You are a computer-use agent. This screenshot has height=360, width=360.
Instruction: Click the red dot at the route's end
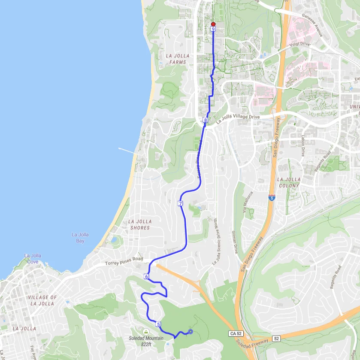(x=213, y=24)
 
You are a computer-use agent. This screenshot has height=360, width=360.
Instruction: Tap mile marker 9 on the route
(x=213, y=29)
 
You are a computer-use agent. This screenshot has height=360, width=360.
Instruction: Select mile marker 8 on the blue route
(x=205, y=121)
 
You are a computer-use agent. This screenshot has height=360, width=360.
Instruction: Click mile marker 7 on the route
(x=180, y=203)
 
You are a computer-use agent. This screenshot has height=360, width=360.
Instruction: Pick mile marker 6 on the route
(x=146, y=277)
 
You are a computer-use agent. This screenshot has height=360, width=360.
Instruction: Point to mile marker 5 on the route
(x=158, y=324)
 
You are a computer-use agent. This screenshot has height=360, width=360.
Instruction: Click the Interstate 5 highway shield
(x=272, y=198)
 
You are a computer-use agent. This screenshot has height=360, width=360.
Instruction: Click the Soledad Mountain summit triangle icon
(x=146, y=332)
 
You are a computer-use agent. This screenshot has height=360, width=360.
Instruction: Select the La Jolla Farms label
(x=176, y=59)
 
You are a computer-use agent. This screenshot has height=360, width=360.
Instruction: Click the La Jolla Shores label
(x=139, y=225)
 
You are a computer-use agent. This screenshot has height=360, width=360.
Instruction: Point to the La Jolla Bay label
(x=80, y=238)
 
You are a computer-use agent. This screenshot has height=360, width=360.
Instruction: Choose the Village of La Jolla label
(x=42, y=300)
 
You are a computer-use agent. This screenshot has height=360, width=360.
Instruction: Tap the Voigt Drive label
(x=299, y=44)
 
